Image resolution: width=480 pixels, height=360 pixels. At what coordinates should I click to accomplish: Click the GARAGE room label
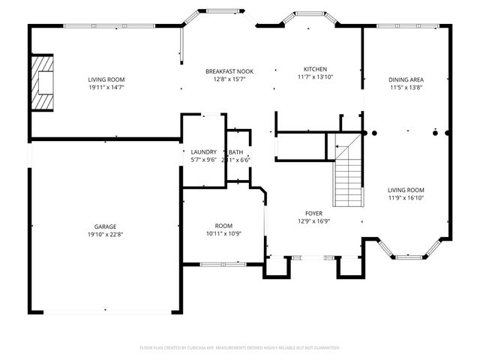click(x=105, y=226)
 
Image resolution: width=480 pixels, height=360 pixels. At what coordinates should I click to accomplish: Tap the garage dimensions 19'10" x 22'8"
click(x=105, y=235)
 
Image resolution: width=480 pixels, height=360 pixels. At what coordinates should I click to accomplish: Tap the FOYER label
click(x=313, y=213)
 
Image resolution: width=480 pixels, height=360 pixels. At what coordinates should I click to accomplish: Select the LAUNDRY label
click(x=203, y=151)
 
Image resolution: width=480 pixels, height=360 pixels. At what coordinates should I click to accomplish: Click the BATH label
click(x=236, y=151)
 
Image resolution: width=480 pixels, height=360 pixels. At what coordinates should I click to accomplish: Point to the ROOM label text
click(x=223, y=225)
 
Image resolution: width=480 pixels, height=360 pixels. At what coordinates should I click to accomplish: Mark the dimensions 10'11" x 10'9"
click(x=223, y=233)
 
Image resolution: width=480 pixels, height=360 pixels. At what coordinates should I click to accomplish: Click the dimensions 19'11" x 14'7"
click(x=106, y=87)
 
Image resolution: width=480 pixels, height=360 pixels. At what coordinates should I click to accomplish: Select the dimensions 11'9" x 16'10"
click(x=406, y=198)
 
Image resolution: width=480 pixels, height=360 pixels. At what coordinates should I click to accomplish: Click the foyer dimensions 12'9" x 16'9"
click(x=313, y=221)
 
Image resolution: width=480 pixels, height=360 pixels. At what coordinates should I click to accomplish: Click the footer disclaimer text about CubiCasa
click(x=240, y=348)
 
